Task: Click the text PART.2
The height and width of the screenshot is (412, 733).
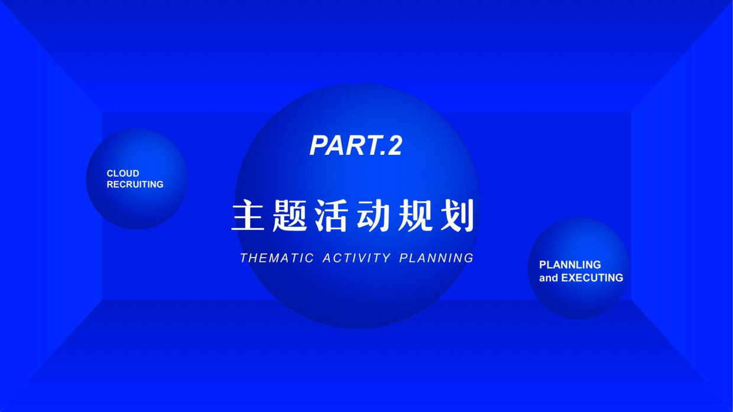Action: click(356, 145)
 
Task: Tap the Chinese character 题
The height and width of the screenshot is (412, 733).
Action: click(290, 216)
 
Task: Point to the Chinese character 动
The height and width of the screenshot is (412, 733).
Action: click(373, 216)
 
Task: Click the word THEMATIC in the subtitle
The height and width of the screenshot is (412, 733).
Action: click(277, 258)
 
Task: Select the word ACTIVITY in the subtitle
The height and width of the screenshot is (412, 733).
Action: click(356, 258)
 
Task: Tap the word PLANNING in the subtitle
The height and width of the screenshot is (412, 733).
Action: click(436, 258)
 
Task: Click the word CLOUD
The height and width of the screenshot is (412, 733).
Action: click(123, 174)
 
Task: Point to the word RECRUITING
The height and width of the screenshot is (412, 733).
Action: click(135, 184)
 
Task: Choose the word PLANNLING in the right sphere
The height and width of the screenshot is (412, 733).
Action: click(570, 265)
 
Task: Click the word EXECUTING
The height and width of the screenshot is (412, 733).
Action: click(592, 278)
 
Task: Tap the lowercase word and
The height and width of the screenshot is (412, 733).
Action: click(548, 278)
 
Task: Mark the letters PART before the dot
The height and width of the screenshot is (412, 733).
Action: click(343, 145)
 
